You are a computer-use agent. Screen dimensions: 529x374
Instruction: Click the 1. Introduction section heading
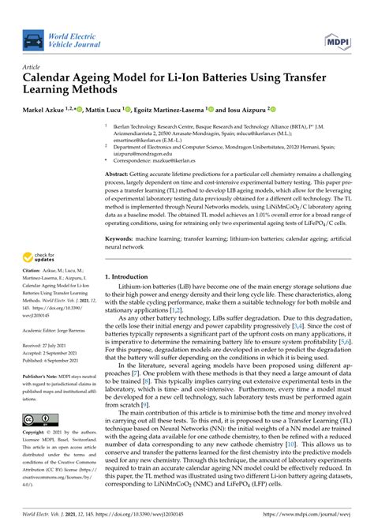point(130,277)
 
